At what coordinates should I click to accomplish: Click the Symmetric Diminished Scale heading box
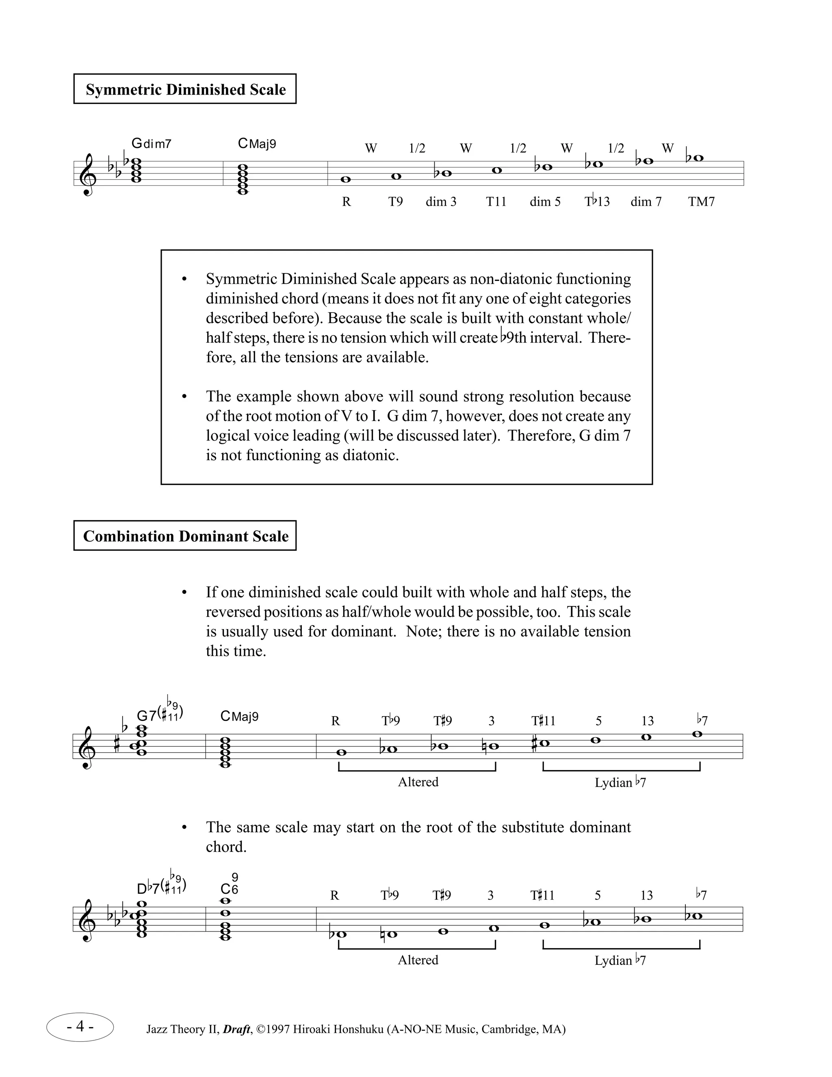coord(185,89)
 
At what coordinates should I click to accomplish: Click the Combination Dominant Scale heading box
coord(185,536)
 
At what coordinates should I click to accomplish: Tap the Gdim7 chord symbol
coord(151,143)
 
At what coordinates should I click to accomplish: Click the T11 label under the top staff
coord(496,202)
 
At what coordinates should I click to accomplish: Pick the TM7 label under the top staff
coord(701,202)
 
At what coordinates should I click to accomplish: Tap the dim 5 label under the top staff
coord(545,202)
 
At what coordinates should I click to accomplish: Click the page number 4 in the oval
coord(80,1027)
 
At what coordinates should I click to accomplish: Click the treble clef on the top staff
coord(88,175)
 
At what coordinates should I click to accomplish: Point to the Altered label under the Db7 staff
coord(418,960)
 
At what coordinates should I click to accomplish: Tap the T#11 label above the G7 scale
coord(543,721)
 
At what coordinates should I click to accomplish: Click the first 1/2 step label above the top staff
coord(417,148)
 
